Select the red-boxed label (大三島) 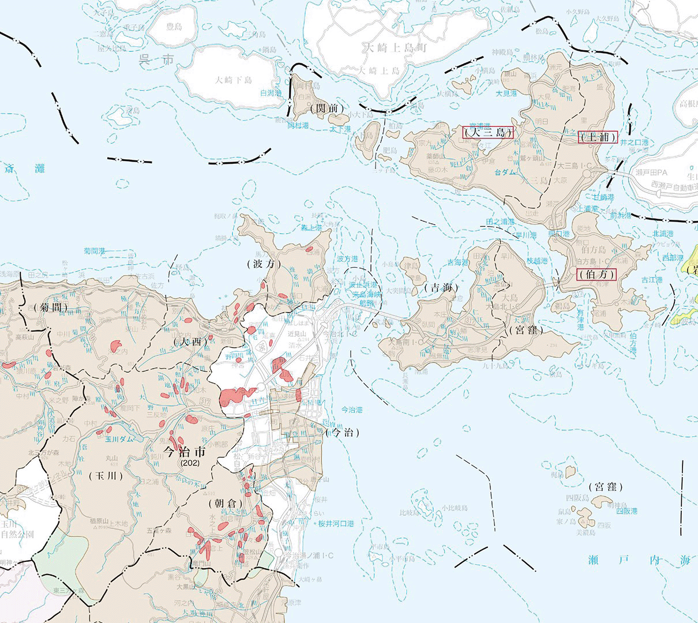click(487, 132)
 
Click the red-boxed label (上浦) click(598, 137)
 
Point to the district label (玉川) click(107, 476)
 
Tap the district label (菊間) click(51, 307)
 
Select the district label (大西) click(190, 341)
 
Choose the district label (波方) click(264, 264)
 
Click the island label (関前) click(327, 108)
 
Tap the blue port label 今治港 click(352, 410)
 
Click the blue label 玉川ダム click(119, 438)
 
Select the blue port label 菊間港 click(95, 251)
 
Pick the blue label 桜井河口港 click(336, 524)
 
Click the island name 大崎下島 click(234, 80)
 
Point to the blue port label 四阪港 click(626, 511)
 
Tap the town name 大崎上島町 click(394, 48)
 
